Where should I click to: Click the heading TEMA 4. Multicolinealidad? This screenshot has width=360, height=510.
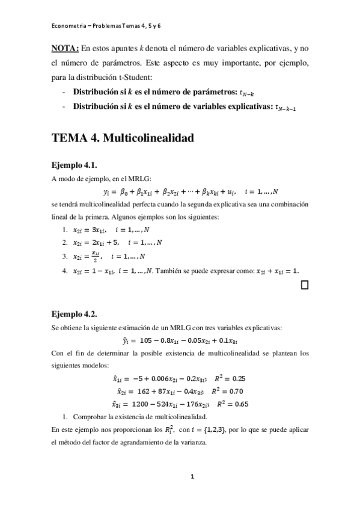123,138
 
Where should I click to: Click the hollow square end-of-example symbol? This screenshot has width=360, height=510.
304,284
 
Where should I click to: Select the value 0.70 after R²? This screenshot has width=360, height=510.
242,390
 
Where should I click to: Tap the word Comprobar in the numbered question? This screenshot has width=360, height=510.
88,417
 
